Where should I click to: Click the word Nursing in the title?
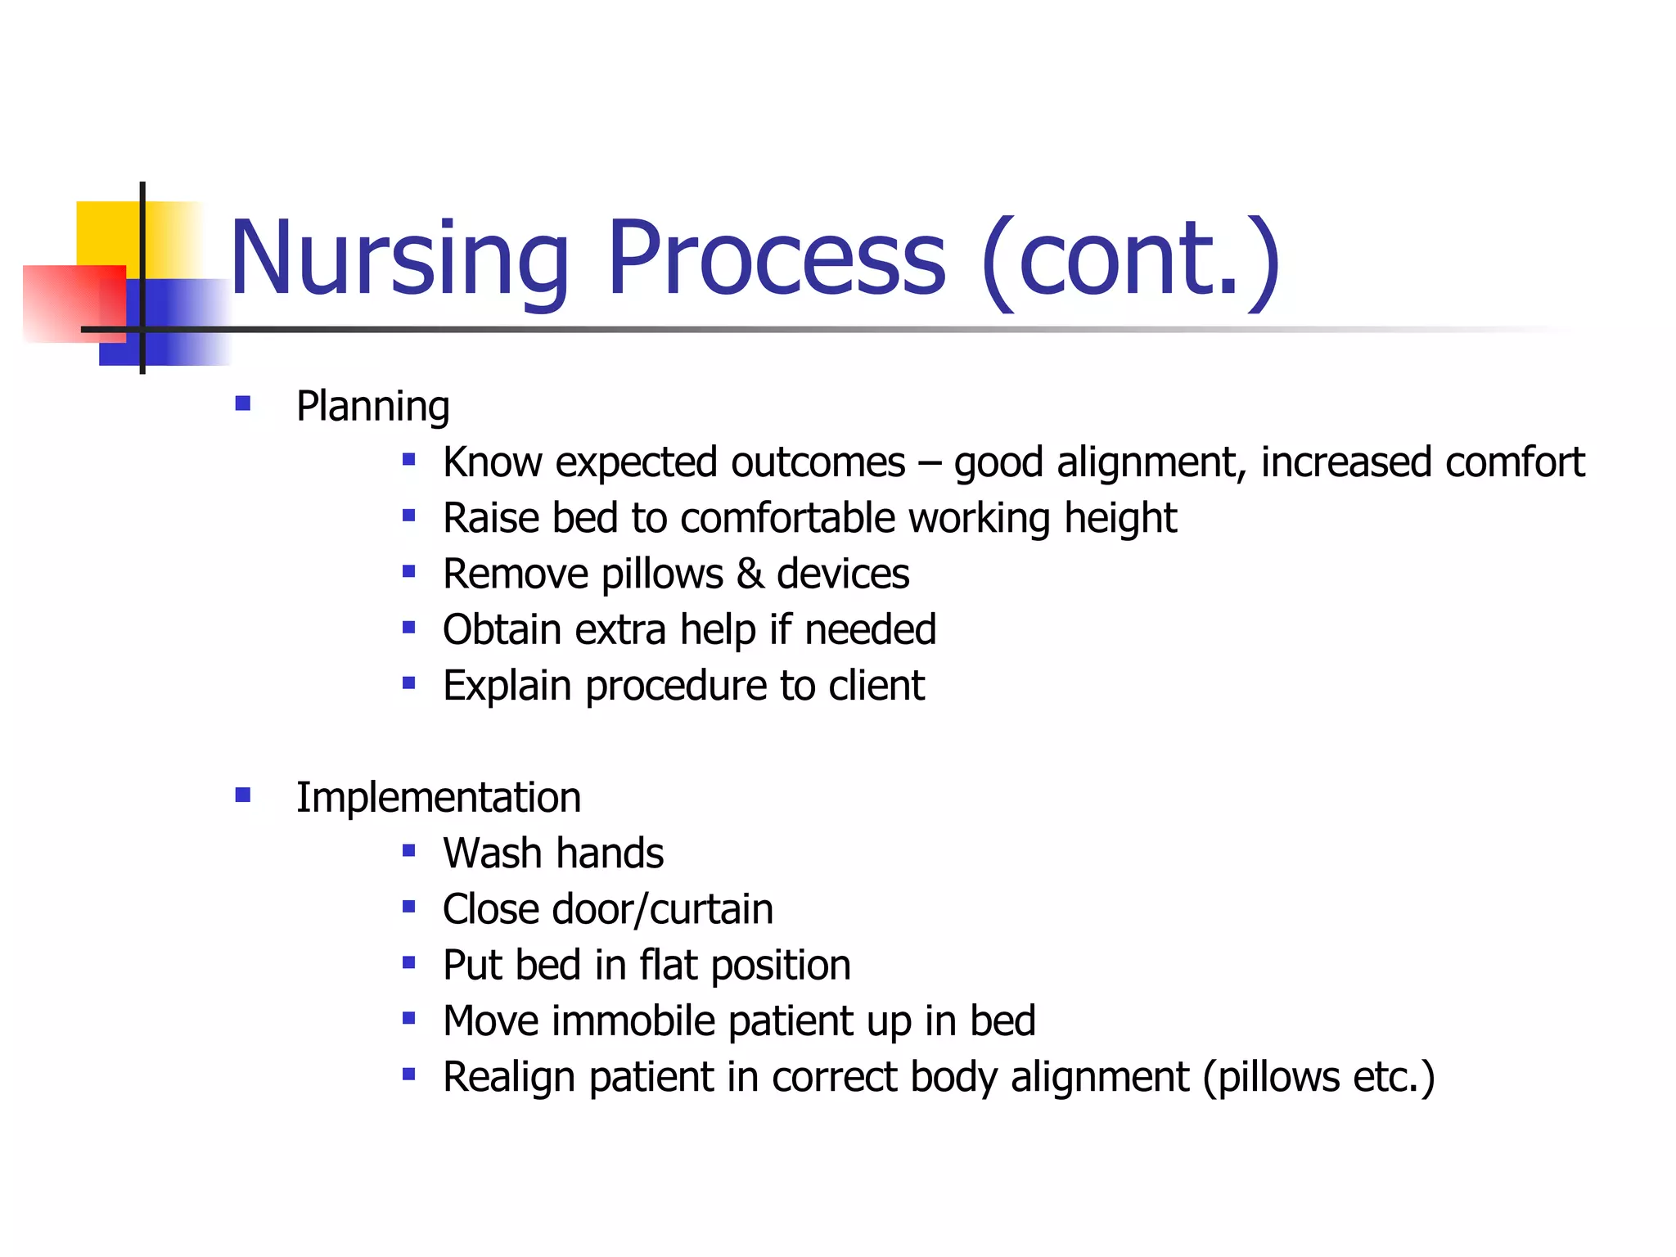tap(399, 259)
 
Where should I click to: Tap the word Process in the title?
tap(776, 259)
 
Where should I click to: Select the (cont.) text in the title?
tap(1131, 259)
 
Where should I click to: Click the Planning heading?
tap(372, 407)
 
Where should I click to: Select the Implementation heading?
tap(438, 798)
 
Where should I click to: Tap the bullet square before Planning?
tap(242, 403)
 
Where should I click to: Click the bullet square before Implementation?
tap(242, 795)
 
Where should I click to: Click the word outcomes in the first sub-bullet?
tap(818, 462)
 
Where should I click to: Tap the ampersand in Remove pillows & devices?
tap(750, 574)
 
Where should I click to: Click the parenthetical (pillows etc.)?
tap(1318, 1078)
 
